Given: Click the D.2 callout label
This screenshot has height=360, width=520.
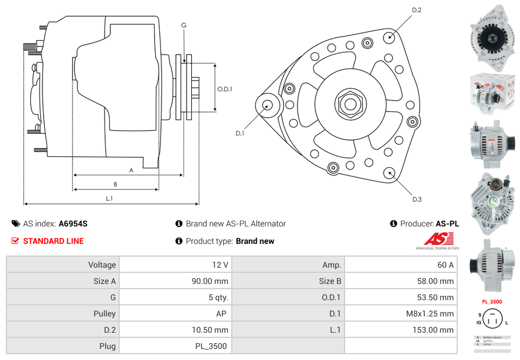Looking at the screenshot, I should (417, 10).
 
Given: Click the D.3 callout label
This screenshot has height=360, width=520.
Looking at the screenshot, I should (417, 199).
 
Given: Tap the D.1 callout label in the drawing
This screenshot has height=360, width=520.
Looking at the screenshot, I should (239, 134).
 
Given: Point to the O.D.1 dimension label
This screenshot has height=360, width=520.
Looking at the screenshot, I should (225, 89).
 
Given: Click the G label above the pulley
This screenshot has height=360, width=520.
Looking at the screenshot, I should (184, 25).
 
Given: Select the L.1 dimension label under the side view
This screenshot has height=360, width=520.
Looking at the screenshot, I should (109, 199).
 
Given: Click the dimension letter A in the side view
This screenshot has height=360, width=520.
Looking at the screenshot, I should (131, 170).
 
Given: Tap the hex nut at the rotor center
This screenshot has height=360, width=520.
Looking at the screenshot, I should (350, 105).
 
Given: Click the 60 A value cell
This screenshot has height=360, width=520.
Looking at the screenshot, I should (400, 265).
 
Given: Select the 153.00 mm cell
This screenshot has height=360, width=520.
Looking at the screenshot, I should (400, 330).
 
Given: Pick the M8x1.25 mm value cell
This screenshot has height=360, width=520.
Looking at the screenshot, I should (400, 314).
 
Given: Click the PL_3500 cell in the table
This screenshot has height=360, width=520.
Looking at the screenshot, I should (174, 346).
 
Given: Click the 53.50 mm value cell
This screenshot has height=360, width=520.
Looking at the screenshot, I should (400, 297).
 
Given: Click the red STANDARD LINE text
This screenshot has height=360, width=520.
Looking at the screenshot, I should (53, 241).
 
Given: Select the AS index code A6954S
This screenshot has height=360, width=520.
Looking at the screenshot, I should (73, 224).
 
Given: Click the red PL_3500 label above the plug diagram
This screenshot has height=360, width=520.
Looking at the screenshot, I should (492, 301).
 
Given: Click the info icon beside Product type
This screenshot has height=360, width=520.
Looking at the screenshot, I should (179, 241).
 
